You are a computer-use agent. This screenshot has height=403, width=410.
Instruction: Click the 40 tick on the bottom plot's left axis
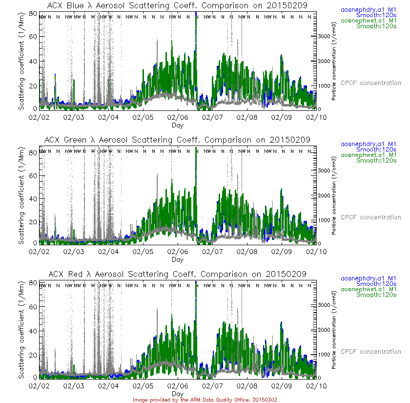pos(34,330)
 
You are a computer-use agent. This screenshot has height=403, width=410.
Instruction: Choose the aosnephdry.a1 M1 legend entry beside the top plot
pos(371,10)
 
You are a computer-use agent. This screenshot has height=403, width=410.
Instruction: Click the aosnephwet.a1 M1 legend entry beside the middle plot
pos(371,155)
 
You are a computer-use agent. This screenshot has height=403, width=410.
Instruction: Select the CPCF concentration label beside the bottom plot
pos(371,352)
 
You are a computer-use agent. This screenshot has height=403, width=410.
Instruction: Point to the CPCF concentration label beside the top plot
pos(371,83)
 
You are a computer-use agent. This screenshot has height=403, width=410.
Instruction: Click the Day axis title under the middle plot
pos(178,259)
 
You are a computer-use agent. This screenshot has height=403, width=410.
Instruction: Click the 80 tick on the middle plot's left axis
pos(34,151)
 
